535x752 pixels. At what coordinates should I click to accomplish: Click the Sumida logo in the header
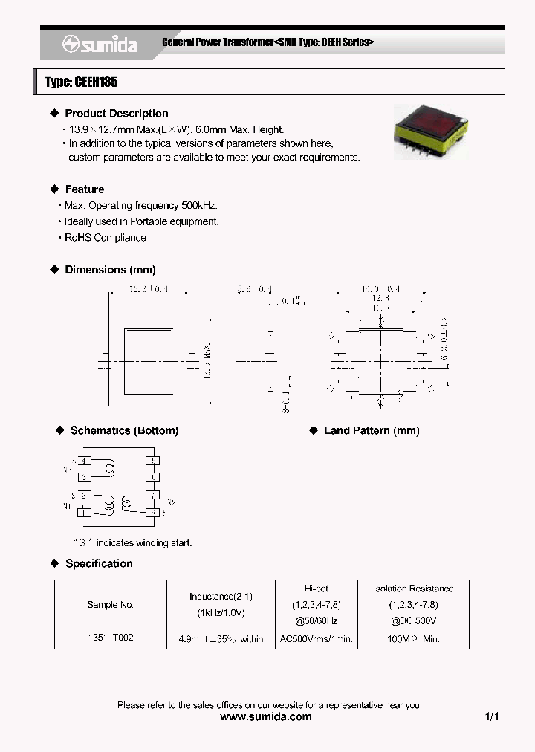[100, 45]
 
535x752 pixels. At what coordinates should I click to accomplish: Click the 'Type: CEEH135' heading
[81, 82]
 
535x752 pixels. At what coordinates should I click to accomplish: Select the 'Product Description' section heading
[117, 114]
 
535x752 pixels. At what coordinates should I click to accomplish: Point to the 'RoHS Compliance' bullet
[105, 238]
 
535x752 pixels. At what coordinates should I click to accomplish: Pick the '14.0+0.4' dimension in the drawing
[380, 288]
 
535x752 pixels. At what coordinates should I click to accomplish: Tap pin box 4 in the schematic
[85, 461]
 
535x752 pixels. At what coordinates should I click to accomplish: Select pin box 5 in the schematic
[153, 461]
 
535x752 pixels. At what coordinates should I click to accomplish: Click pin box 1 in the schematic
[85, 512]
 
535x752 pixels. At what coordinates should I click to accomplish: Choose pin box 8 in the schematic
[153, 512]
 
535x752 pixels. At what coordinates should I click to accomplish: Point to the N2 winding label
[171, 502]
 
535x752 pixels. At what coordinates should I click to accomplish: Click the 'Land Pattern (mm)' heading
[372, 431]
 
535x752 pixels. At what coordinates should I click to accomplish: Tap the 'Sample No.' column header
[110, 605]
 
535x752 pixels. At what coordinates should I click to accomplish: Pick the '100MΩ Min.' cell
[413, 638]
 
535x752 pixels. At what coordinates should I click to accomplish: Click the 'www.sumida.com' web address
[267, 717]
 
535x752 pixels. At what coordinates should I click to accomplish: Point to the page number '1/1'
[492, 717]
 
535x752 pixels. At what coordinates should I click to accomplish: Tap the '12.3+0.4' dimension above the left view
[149, 288]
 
